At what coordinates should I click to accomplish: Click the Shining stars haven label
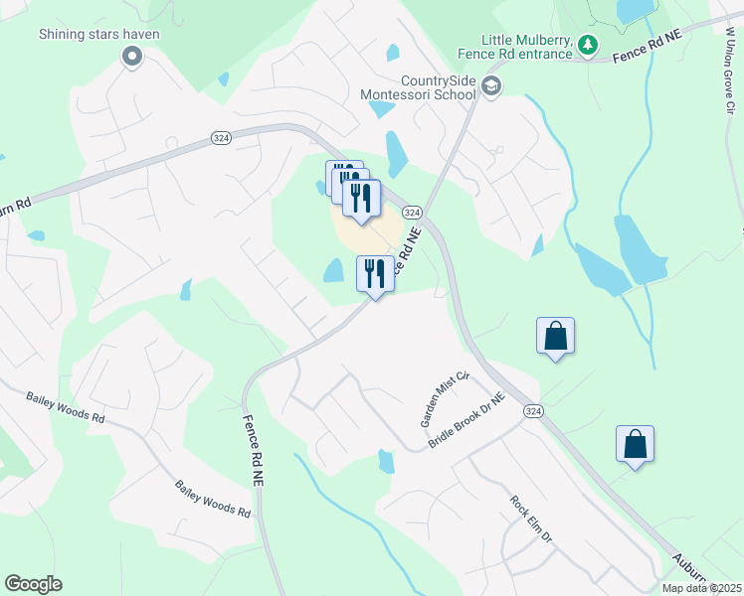pyautogui.click(x=99, y=34)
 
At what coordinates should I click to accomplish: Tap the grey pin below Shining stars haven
pyautogui.click(x=131, y=58)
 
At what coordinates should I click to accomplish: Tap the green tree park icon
pyautogui.click(x=588, y=45)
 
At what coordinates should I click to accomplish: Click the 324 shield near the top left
pyautogui.click(x=221, y=138)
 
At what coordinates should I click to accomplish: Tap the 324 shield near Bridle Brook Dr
pyautogui.click(x=534, y=411)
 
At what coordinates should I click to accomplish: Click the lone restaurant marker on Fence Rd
pyautogui.click(x=375, y=274)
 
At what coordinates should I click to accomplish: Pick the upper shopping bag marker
pyautogui.click(x=555, y=337)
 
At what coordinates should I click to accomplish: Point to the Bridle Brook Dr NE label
pyautogui.click(x=467, y=419)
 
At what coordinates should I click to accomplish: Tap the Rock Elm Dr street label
pyautogui.click(x=530, y=520)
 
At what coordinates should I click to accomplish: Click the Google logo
pyautogui.click(x=33, y=584)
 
